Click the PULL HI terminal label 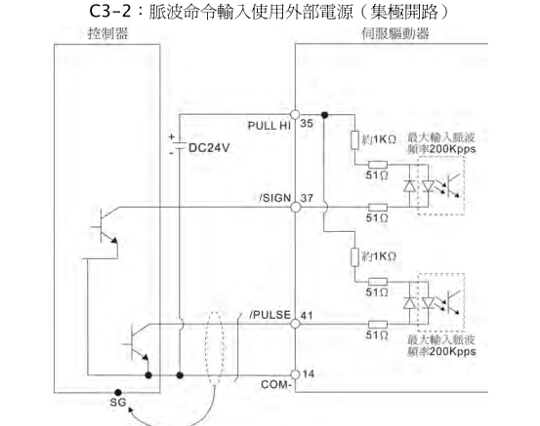coord(270,126)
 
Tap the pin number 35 coord(307,123)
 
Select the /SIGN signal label coord(275,198)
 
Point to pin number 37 coord(307,198)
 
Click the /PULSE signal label coord(270,315)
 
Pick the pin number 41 coord(307,315)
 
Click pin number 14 coord(309,373)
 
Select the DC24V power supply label coord(209,148)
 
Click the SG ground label coord(118,402)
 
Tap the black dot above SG coord(118,392)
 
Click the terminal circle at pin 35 coord(295,114)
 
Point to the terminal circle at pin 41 coord(295,324)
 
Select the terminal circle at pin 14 coord(295,374)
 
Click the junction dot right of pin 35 coord(324,115)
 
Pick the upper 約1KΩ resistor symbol coord(355,139)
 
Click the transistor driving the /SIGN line coord(104,225)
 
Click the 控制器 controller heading coord(107,34)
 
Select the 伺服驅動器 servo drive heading coord(395,34)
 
